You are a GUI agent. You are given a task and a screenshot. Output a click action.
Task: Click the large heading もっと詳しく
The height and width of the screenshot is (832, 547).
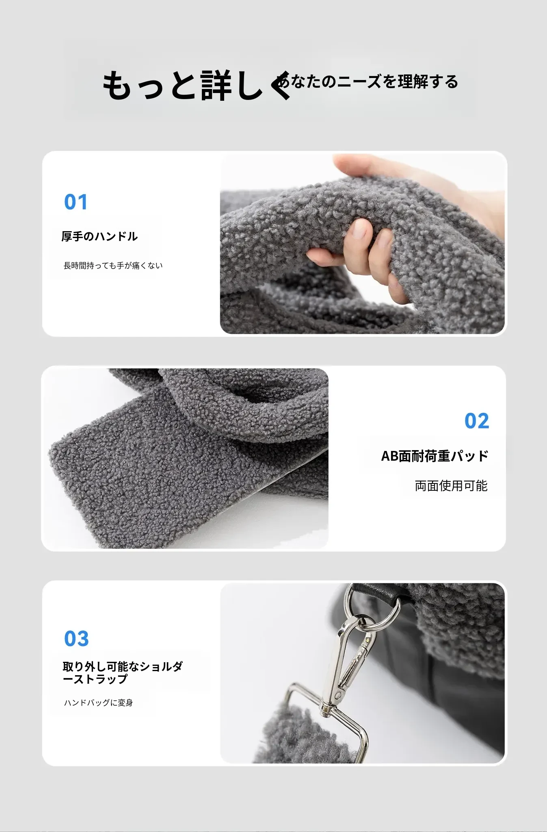(x=197, y=85)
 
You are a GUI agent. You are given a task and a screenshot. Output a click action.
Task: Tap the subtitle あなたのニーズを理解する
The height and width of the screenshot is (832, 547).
(x=368, y=82)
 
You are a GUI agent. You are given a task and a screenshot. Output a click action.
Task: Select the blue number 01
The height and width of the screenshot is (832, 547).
(x=76, y=202)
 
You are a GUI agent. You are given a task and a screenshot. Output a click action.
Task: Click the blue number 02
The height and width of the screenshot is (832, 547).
(x=477, y=421)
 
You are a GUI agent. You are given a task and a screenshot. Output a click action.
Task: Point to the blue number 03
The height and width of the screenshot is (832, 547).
(x=76, y=639)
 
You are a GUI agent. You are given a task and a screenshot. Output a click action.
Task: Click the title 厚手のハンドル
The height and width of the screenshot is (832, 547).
(x=99, y=236)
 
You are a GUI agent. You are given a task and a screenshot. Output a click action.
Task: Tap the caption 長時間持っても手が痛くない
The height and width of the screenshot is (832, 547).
(x=113, y=266)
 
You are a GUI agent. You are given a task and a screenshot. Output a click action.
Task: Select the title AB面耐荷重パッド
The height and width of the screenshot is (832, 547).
(x=435, y=456)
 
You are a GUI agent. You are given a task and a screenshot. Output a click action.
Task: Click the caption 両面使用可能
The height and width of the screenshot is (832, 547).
(x=451, y=486)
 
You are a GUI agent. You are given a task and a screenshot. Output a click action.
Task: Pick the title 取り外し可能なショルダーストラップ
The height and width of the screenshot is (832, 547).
(x=123, y=673)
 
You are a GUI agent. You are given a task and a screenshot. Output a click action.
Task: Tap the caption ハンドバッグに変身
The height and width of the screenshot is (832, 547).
(x=98, y=703)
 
